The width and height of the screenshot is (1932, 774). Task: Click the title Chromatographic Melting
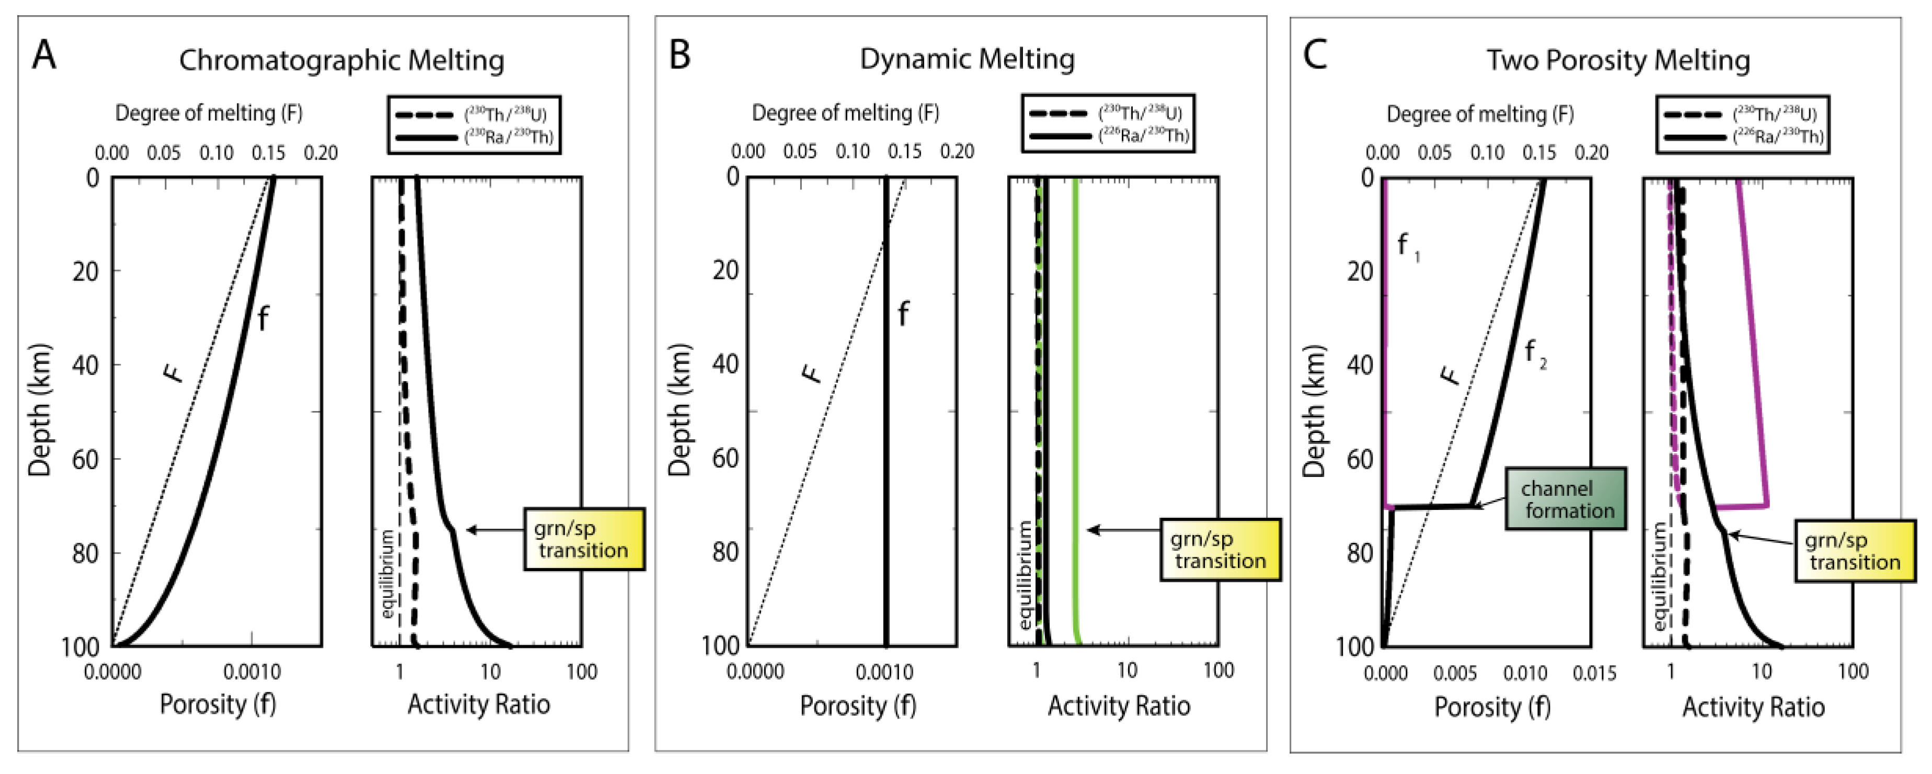(341, 61)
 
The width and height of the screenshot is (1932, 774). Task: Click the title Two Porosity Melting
(1618, 61)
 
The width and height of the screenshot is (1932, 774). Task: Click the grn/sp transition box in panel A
(583, 539)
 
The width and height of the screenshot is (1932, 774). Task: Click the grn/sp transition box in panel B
(1220, 550)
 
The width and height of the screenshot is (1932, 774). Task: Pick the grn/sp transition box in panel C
(1854, 551)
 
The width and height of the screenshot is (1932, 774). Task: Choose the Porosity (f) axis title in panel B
(858, 705)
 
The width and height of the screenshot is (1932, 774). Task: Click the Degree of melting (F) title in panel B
(845, 113)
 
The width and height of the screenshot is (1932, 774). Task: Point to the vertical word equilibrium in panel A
(387, 574)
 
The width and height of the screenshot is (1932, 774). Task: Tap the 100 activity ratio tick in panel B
(1218, 670)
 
